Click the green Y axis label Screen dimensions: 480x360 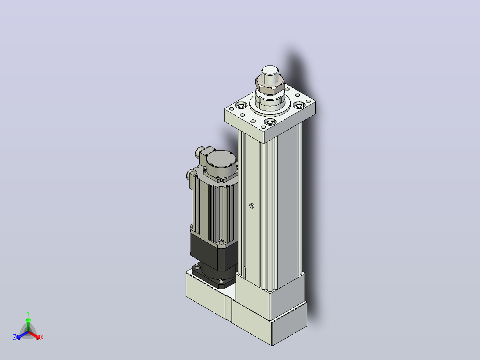[28, 313]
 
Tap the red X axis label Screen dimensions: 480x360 [42, 337]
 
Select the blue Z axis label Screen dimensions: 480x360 [15, 337]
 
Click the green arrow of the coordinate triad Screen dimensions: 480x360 [28, 324]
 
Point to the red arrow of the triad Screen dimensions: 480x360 [35, 335]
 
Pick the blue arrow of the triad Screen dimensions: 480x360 [22, 335]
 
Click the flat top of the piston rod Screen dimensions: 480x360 [270, 70]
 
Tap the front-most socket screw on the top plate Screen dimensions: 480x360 [270, 122]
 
